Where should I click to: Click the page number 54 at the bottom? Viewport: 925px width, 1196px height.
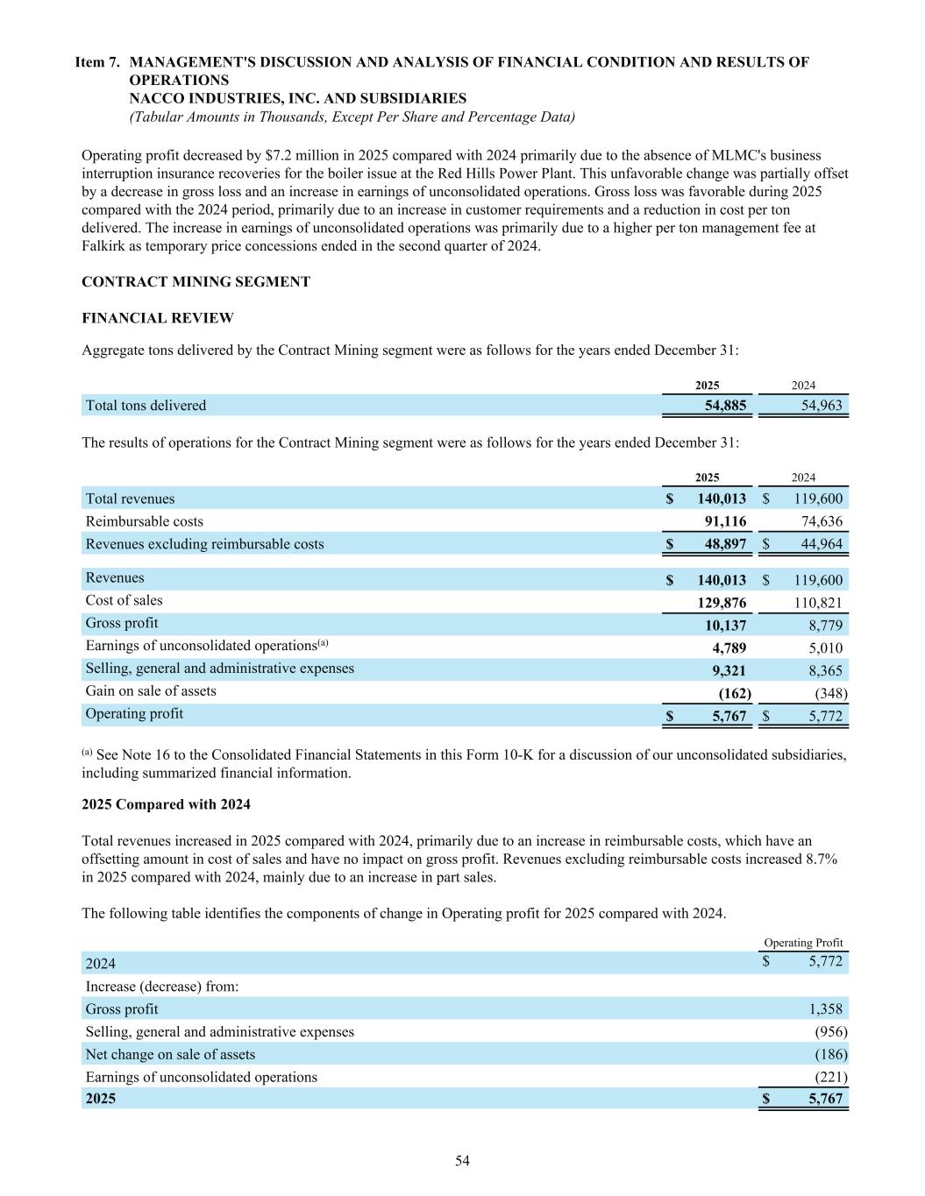[462, 1161]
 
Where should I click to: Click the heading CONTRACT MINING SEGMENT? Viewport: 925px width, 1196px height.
[196, 282]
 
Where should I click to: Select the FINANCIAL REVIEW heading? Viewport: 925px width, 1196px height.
[158, 318]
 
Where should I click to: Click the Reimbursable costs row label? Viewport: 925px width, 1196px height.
[144, 521]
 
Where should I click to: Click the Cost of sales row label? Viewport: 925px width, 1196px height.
[124, 600]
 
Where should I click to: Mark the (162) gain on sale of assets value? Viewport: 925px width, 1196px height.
[735, 694]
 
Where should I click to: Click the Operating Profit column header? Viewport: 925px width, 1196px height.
[803, 943]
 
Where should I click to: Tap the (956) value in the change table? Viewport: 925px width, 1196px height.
[831, 1032]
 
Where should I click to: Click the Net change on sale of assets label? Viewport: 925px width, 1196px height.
[170, 1055]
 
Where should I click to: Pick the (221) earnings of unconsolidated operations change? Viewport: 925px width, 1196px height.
[831, 1078]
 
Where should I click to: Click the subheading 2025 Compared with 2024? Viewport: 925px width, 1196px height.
[166, 804]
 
